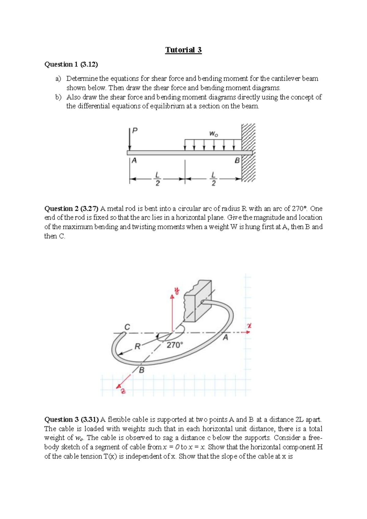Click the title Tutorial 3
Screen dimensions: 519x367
click(x=183, y=50)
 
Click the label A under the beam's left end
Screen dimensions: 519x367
click(x=134, y=160)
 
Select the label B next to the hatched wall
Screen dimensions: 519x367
click(x=237, y=160)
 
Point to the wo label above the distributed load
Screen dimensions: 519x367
click(x=213, y=134)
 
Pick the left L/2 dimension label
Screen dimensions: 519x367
click(x=157, y=179)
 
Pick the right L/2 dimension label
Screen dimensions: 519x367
click(x=213, y=179)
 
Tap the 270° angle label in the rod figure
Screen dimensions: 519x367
click(x=175, y=345)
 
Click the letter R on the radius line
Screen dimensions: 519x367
click(x=137, y=346)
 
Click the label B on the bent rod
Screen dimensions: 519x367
click(x=142, y=370)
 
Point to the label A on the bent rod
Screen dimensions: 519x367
click(x=225, y=338)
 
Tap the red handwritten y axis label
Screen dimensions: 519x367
click(x=177, y=290)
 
